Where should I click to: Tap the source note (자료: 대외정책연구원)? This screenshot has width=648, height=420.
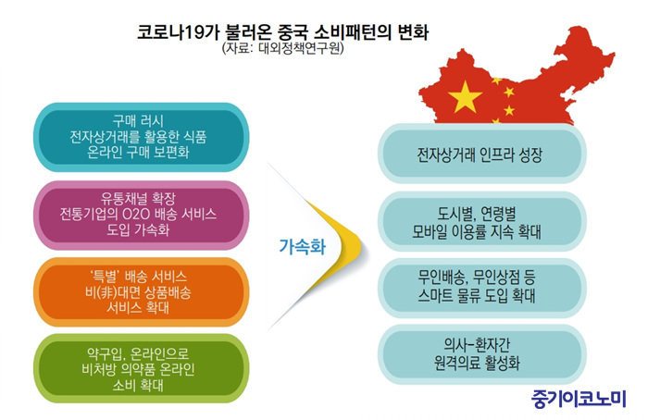point(283,48)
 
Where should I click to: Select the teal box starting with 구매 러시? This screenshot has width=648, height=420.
point(142,137)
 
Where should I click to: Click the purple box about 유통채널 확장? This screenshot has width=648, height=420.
point(142,215)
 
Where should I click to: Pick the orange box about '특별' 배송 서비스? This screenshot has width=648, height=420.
point(142,292)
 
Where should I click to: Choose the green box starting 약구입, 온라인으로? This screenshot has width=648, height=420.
point(142,369)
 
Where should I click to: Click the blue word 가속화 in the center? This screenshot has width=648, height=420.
point(303,247)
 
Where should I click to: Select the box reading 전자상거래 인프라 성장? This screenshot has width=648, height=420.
point(482,154)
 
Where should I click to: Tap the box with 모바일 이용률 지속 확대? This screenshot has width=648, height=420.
point(482,221)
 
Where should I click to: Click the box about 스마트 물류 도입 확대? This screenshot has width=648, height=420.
point(482,289)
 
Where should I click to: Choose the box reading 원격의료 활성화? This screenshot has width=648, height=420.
point(482,354)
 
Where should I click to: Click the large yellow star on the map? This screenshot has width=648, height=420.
point(465,98)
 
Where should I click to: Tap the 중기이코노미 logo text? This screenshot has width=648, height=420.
point(579,399)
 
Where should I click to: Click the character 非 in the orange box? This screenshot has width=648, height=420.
point(107,292)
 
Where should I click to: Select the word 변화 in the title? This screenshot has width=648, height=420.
point(413,32)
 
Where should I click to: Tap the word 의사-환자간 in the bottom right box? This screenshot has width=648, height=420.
point(477,344)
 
